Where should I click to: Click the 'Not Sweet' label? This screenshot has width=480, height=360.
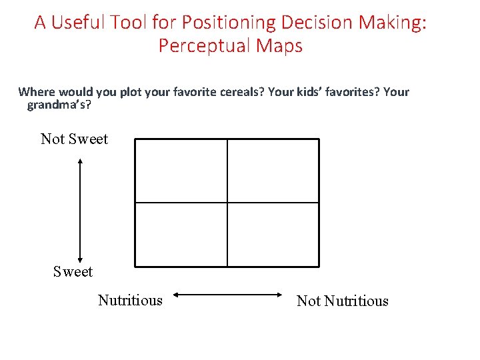pyautogui.click(x=74, y=139)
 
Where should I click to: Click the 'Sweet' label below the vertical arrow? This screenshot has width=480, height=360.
pyautogui.click(x=73, y=271)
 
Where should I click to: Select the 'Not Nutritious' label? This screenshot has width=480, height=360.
pyautogui.click(x=342, y=301)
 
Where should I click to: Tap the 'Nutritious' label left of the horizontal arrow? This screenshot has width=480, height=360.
pyautogui.click(x=130, y=300)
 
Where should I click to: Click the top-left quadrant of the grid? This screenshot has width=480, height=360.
pyautogui.click(x=181, y=171)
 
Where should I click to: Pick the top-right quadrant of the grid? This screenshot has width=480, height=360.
pyautogui.click(x=273, y=171)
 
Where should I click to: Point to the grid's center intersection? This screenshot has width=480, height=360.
pyautogui.click(x=227, y=203)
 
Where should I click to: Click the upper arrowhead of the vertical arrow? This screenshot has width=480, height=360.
pyautogui.click(x=80, y=160)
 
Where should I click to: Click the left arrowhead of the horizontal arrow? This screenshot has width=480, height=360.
pyautogui.click(x=175, y=294)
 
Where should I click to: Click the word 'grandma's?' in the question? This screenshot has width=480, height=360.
pyautogui.click(x=59, y=105)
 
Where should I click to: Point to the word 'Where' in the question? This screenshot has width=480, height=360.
pyautogui.click(x=36, y=92)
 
